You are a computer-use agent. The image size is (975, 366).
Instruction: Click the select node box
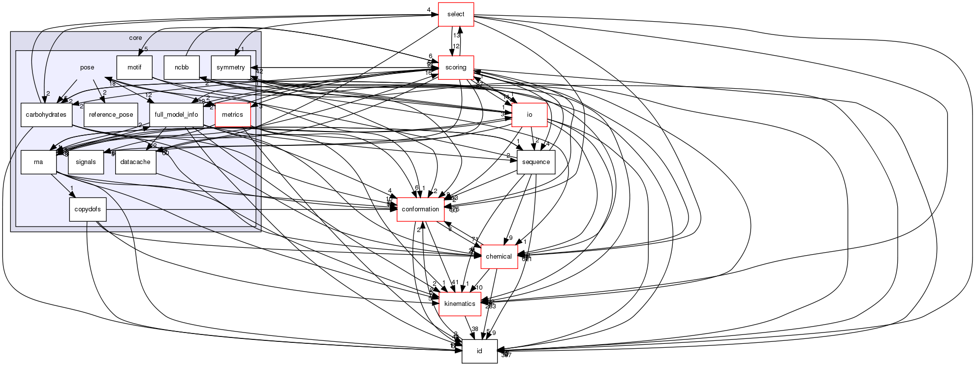[x=456, y=14]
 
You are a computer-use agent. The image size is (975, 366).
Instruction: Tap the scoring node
[x=456, y=67]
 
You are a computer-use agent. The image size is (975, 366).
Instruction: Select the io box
[x=530, y=115]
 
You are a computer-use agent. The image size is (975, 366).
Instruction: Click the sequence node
[x=536, y=162]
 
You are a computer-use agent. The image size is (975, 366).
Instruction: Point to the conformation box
[x=420, y=209]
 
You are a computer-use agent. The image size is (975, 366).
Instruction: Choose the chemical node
[x=499, y=257]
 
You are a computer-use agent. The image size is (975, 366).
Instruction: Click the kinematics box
[x=460, y=304]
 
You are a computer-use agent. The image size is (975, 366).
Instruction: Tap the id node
[x=479, y=351]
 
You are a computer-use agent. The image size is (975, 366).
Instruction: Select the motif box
[x=134, y=67]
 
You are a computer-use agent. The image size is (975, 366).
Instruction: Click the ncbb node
[x=182, y=67]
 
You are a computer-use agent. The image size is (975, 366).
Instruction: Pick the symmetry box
[x=230, y=67]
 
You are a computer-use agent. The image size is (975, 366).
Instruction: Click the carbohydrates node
[x=47, y=115]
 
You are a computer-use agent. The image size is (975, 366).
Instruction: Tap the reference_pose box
[x=111, y=115]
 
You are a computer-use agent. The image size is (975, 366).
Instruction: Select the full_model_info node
[x=176, y=115]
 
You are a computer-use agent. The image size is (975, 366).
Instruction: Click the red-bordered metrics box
[x=232, y=115]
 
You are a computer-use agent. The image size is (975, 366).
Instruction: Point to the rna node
[x=38, y=162]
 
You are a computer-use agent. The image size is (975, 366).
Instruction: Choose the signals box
[x=86, y=162]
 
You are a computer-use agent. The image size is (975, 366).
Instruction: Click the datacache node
[x=135, y=162]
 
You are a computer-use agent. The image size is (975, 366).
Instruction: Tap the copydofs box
[x=88, y=209]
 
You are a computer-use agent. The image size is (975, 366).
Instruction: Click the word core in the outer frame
[x=135, y=38]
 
